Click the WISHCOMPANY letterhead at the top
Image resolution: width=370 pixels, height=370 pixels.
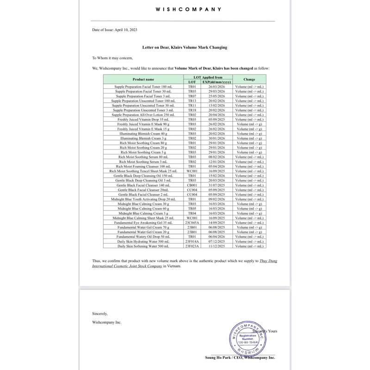(x=188, y=9)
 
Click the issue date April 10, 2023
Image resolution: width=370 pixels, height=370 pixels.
(x=115, y=30)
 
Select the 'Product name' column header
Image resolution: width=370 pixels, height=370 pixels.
(x=143, y=79)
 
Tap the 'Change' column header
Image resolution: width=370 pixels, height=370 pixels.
(x=249, y=79)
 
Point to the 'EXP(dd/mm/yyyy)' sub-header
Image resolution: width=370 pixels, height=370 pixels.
(x=216, y=82)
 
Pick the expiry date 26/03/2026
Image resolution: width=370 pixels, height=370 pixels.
(x=216, y=86)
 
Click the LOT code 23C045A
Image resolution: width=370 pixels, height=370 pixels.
(x=192, y=222)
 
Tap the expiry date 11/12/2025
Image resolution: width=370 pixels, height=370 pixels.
(x=216, y=246)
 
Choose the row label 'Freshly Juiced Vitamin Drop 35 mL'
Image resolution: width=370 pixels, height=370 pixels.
(x=144, y=119)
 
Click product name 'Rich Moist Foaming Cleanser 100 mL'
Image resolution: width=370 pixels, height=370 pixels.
(x=144, y=166)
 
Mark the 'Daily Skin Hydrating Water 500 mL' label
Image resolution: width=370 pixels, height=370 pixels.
(x=144, y=241)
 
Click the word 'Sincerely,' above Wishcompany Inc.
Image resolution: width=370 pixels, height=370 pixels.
(x=100, y=313)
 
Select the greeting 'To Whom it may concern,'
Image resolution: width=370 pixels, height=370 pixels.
(x=112, y=58)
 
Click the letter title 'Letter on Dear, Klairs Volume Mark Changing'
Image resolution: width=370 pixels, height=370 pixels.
(x=184, y=47)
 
